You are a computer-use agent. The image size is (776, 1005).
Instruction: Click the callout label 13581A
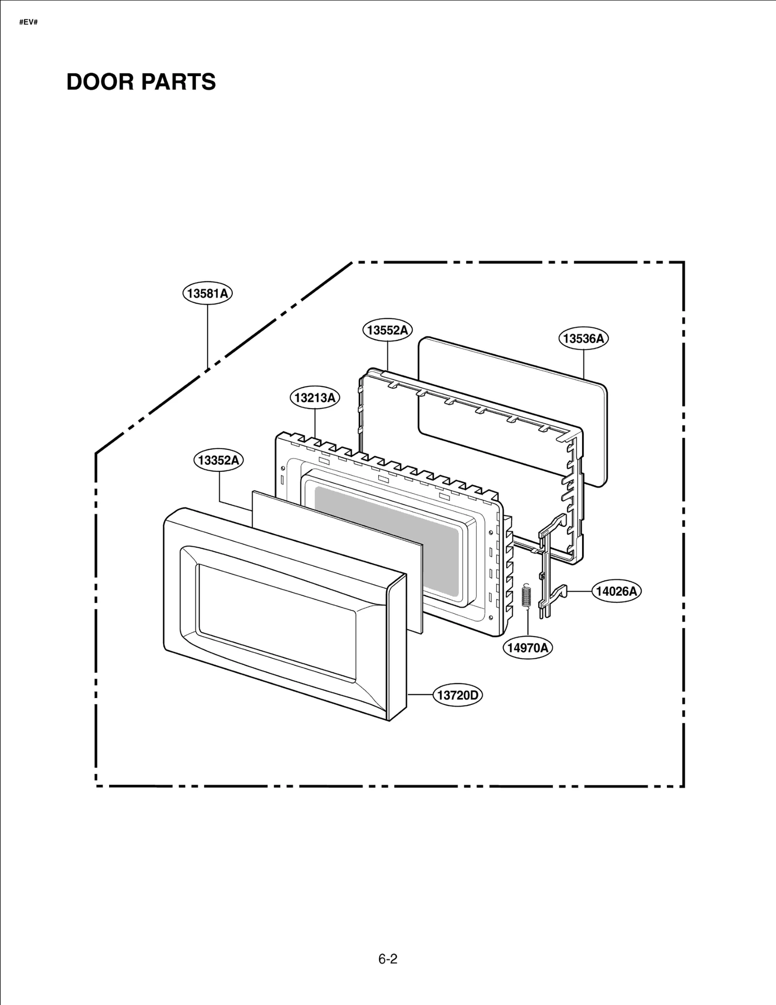pyautogui.click(x=207, y=293)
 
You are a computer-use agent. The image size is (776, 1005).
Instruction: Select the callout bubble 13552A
pyautogui.click(x=387, y=330)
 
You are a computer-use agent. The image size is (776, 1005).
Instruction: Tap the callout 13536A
pyautogui.click(x=583, y=338)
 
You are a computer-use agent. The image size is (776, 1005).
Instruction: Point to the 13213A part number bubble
pyautogui.click(x=315, y=398)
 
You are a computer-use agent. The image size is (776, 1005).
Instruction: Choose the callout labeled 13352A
pyautogui.click(x=219, y=460)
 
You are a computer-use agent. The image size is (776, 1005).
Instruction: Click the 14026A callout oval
pyautogui.click(x=616, y=591)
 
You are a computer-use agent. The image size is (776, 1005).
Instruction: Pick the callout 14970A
pyautogui.click(x=528, y=648)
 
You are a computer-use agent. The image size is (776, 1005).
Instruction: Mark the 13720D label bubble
pyautogui.click(x=457, y=695)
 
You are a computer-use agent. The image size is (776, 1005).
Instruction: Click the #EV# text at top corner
pyautogui.click(x=28, y=22)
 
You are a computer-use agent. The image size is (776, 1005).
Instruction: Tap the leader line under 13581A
pyautogui.click(x=208, y=335)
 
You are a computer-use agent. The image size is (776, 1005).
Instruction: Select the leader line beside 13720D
pyautogui.click(x=420, y=695)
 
